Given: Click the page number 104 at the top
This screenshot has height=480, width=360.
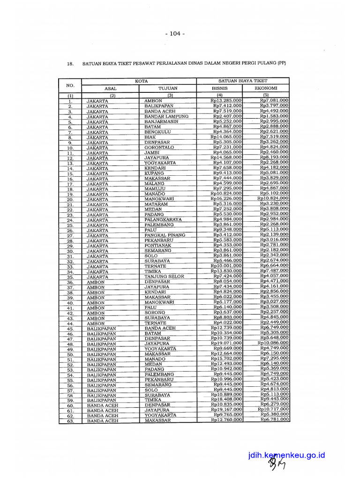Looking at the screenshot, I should tap(175, 34).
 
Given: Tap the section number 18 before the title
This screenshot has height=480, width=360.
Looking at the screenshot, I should tap(70, 63).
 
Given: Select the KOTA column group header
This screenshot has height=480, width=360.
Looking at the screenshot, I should tap(141, 81).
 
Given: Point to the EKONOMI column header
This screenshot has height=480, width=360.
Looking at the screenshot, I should tap(266, 88).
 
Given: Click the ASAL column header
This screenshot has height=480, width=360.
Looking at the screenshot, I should tap(110, 88).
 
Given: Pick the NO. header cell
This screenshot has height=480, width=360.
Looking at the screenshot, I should tap(70, 85).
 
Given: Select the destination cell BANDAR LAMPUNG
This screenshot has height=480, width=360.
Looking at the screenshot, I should tap(166, 116).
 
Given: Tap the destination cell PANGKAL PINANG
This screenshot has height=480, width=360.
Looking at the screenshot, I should tap(165, 235).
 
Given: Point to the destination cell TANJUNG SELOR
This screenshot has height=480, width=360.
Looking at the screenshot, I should tap(164, 277).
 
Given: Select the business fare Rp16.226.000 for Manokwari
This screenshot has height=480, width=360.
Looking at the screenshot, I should tap(226, 199).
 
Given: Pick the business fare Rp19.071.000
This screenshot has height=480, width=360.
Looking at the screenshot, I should tap(226, 344).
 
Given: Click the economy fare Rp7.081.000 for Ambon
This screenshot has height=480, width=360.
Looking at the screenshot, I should tap(274, 100).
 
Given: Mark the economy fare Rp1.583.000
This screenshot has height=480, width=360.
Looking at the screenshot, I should tap(274, 116).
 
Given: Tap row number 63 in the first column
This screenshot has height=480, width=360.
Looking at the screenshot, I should tap(70, 421).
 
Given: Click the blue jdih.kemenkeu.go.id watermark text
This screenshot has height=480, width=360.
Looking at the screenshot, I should tap(287, 455).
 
